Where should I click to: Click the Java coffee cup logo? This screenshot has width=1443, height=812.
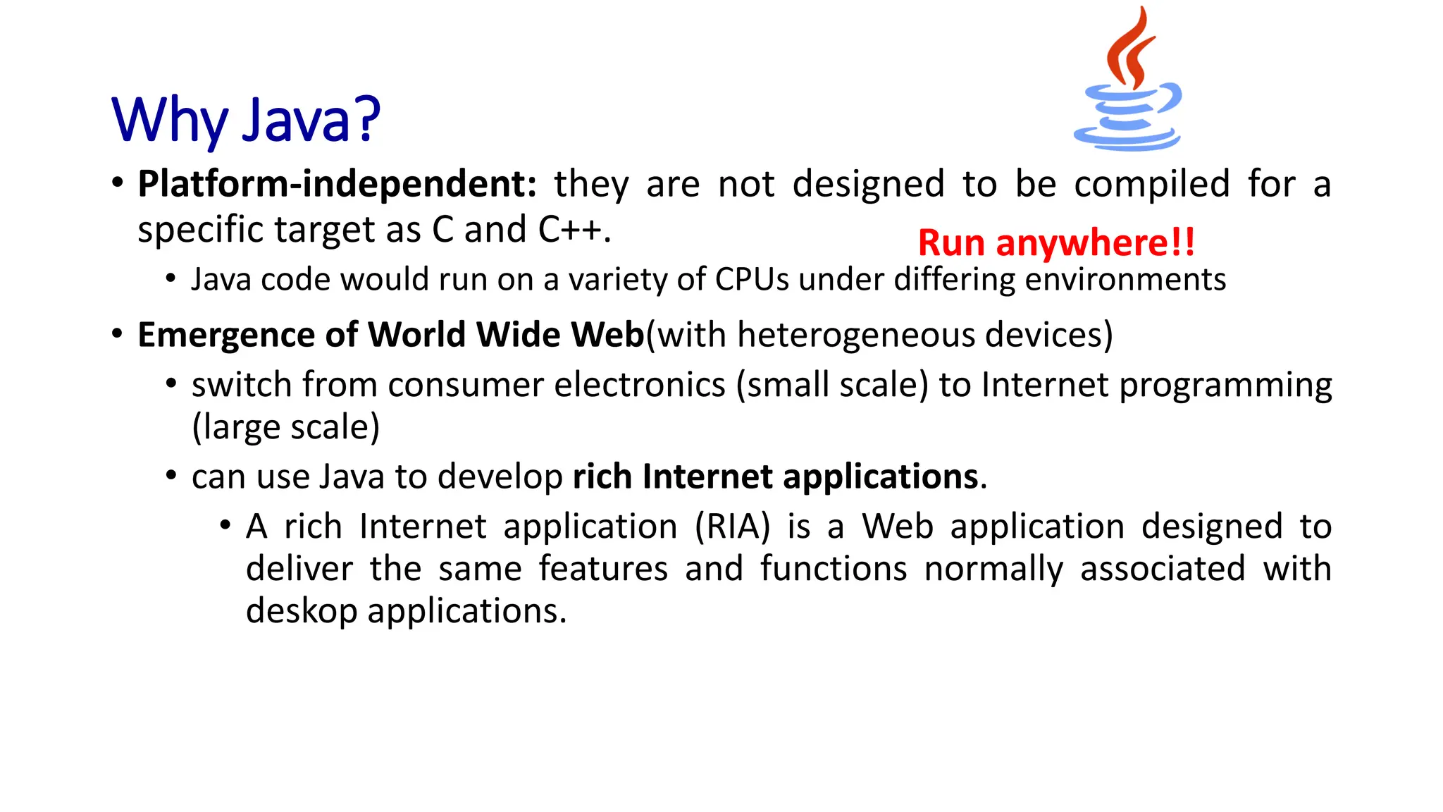(x=1129, y=81)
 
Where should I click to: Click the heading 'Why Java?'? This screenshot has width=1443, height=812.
(x=246, y=120)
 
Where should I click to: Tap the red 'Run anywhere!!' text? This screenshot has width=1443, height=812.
(x=1056, y=243)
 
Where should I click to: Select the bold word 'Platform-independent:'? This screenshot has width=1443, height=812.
(x=337, y=184)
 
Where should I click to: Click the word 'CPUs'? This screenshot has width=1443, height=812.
(x=752, y=280)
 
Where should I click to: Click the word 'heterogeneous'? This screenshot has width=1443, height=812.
(x=855, y=335)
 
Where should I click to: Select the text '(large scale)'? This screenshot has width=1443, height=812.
(x=286, y=427)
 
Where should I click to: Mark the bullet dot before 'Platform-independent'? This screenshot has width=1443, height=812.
(x=118, y=184)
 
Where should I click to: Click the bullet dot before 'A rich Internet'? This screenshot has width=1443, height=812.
(x=225, y=525)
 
